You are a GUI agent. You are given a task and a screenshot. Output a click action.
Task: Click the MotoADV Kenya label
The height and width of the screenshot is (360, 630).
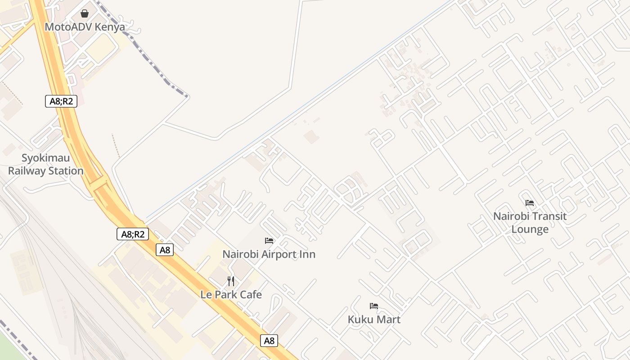85,27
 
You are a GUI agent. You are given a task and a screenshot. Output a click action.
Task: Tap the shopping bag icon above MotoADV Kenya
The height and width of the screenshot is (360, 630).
85,13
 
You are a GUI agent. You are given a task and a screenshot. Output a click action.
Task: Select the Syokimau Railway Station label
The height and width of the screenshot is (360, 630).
46,165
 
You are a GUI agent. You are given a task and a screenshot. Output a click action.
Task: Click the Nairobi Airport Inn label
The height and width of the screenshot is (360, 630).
269,254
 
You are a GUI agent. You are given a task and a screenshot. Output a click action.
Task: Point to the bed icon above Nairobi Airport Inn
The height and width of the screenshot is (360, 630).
269,241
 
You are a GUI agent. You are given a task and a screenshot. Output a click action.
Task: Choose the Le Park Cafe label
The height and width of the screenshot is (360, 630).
231,295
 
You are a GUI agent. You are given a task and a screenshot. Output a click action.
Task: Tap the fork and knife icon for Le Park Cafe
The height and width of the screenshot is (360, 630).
231,281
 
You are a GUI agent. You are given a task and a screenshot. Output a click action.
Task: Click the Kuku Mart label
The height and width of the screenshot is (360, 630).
374,319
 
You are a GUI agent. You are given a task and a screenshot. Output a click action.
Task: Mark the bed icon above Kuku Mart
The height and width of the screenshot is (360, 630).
374,306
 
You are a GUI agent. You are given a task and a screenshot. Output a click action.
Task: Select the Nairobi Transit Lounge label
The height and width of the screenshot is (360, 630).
530,223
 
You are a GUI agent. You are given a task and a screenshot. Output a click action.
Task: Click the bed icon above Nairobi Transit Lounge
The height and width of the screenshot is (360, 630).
530,203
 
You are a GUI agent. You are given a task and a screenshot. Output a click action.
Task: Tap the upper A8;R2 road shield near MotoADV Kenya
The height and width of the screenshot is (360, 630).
61,101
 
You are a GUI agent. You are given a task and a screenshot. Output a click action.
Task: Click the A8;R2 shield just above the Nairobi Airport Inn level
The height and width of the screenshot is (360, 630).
133,234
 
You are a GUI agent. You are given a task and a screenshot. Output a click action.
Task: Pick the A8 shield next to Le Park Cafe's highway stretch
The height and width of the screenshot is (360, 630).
165,250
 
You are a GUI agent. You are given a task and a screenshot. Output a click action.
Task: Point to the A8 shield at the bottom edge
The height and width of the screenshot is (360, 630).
269,341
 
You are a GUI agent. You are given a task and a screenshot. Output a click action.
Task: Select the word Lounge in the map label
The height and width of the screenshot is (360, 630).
530,229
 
